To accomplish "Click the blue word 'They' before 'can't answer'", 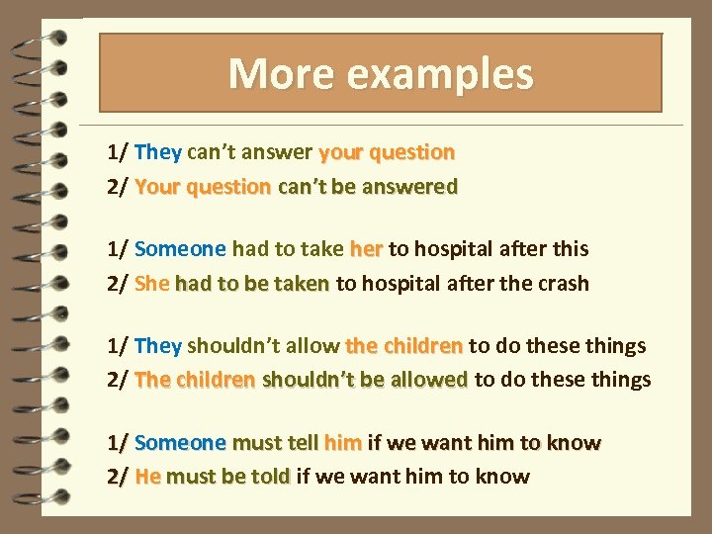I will pos(158,152).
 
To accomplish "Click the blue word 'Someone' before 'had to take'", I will pos(180,249).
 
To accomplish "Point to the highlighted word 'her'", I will pos(366,249).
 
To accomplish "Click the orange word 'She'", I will pos(152,284).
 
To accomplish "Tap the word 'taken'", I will pos(302,284).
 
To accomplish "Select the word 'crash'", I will pos(562,284).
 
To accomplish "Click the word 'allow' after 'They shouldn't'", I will pos(312,346).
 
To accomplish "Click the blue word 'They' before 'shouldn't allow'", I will pos(158,346).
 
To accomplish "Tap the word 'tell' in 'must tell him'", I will pos(300,443).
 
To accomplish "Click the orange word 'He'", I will pos(147,477).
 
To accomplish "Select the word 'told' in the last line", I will pos(270,477).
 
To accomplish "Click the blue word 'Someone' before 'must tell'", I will pos(180,443).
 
